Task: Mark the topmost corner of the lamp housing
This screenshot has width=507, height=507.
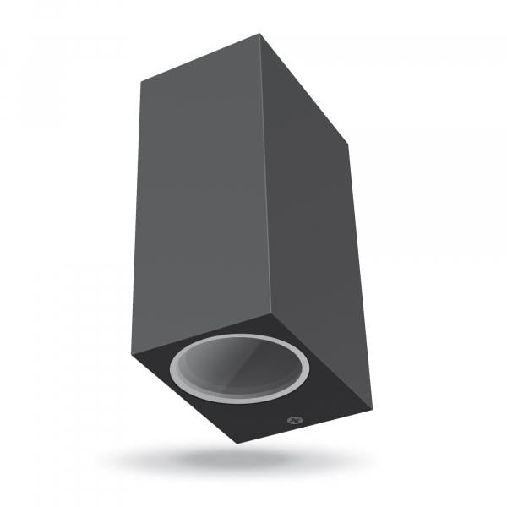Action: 260,35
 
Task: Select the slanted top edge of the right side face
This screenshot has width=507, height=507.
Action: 304,90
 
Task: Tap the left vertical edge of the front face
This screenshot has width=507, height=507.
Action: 137,220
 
